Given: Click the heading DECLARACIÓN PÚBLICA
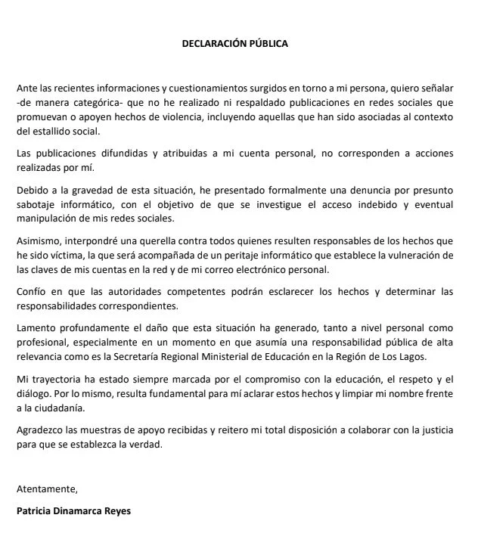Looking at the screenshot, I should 234,43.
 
